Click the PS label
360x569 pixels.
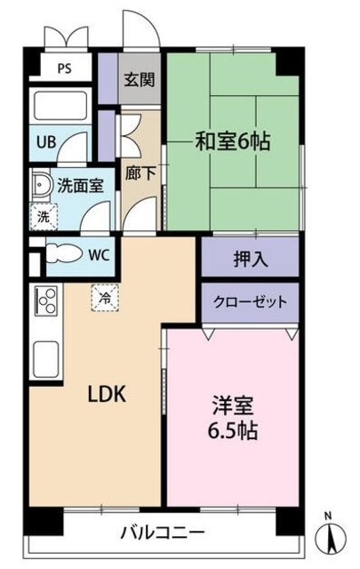64,68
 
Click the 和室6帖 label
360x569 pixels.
234,141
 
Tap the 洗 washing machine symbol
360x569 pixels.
43,215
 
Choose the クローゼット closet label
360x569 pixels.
250,302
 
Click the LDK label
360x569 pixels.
105,394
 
